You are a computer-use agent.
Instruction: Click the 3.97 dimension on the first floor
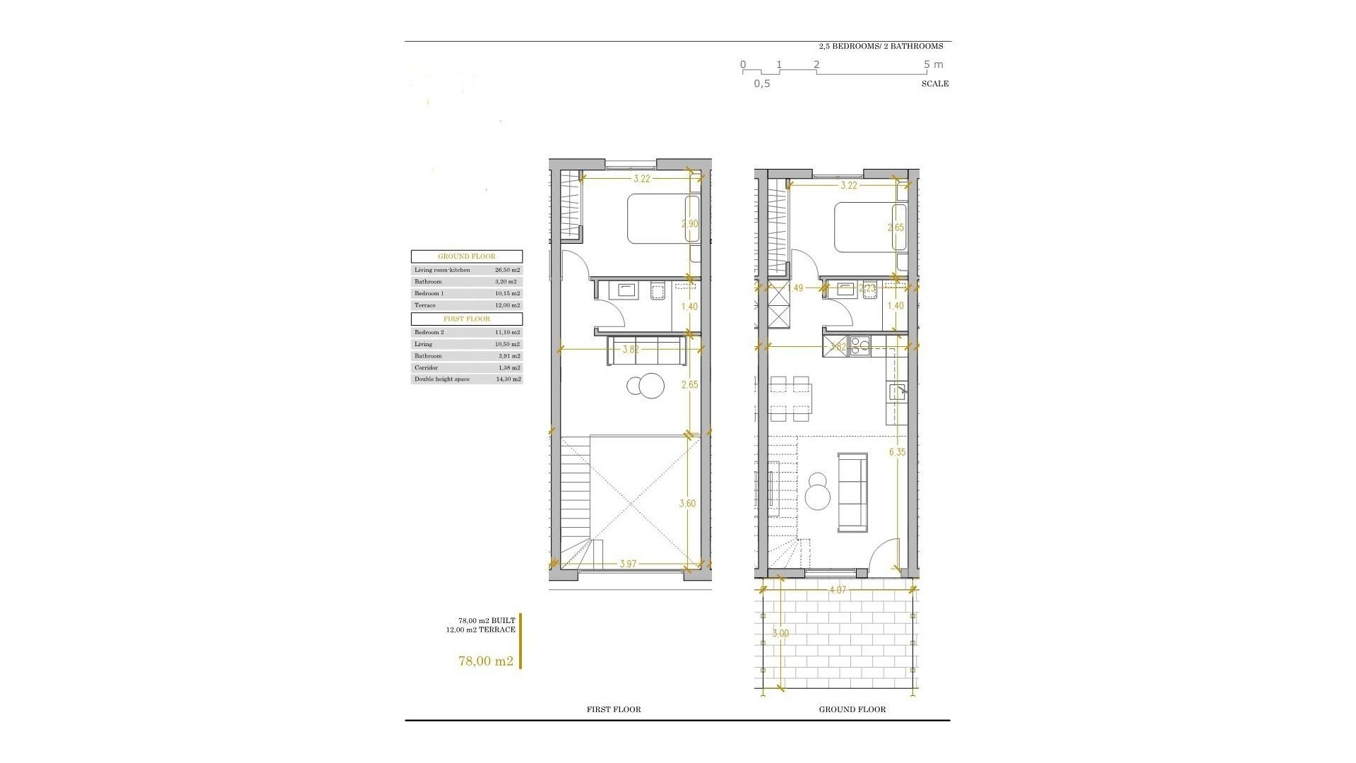tap(629, 564)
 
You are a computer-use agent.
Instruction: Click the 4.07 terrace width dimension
tap(837, 589)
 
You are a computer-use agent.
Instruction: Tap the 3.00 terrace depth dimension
tap(780, 634)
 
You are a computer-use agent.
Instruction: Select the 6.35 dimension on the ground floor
tap(897, 452)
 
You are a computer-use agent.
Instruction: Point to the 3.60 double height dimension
tap(687, 504)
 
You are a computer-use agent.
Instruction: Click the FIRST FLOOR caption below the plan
tap(614, 709)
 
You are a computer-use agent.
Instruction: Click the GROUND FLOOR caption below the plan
tap(852, 709)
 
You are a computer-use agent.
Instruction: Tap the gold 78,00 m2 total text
tap(485, 661)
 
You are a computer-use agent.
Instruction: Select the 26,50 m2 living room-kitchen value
tap(507, 270)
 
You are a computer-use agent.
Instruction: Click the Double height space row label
tap(442, 379)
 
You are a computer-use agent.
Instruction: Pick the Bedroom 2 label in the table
tap(429, 332)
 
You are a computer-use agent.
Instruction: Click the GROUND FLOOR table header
tap(467, 256)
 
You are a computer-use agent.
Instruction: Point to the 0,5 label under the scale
tap(762, 83)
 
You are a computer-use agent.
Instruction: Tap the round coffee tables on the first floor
tap(646, 386)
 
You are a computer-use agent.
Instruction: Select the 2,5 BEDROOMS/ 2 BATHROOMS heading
tap(881, 46)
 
